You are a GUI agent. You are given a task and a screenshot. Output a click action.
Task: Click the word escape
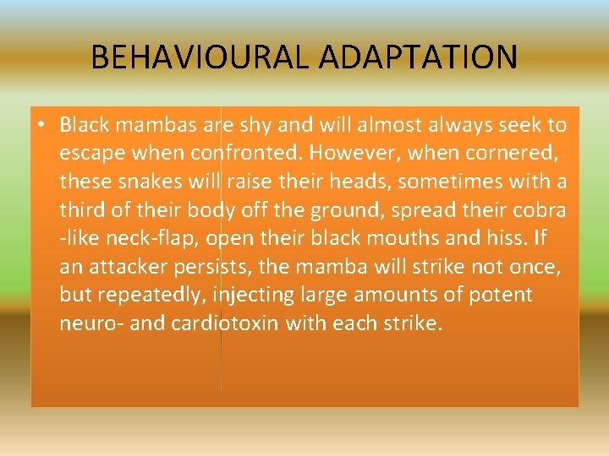tap(89, 155)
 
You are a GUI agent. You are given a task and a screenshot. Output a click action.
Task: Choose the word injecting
tap(255, 296)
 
